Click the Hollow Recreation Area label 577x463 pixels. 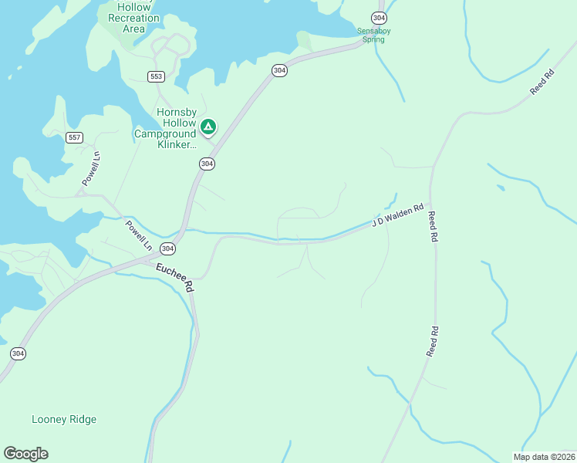tap(133, 18)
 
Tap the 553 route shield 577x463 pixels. tap(157, 76)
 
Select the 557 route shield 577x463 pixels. tap(74, 138)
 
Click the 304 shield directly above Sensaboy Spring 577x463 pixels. tap(378, 17)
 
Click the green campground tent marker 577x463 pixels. tap(208, 126)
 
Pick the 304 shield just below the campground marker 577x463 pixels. tap(207, 164)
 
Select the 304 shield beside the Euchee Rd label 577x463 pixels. tap(167, 248)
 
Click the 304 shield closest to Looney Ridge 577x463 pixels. tap(19, 353)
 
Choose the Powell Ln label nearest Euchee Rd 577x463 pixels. tap(139, 236)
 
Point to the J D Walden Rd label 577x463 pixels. tap(398, 215)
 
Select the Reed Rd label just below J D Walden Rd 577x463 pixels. tap(434, 228)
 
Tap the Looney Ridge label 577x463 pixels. tap(64, 420)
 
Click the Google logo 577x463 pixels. tap(26, 454)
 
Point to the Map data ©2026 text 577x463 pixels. tap(544, 457)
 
